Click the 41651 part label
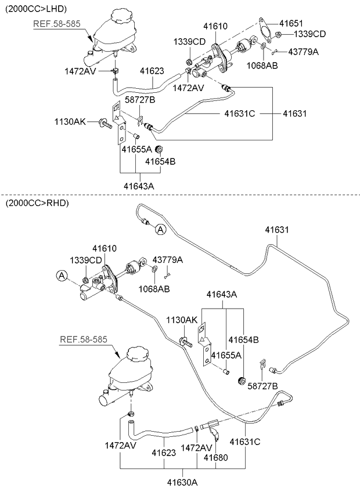point(291,23)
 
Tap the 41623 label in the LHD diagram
point(152,71)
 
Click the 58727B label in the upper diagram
point(140,100)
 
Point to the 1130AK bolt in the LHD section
point(106,124)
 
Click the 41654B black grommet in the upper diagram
point(159,148)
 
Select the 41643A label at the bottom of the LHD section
point(139,186)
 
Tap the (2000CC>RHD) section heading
point(37,203)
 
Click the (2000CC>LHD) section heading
point(36,9)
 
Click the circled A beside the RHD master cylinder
point(62,276)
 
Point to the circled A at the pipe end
point(160,230)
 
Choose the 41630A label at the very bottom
point(182,482)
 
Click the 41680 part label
point(216,458)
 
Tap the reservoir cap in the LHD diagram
point(120,15)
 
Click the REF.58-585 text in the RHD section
point(84,339)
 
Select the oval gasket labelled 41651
point(265,30)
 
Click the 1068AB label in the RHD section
point(154,289)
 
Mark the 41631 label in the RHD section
point(277,230)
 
